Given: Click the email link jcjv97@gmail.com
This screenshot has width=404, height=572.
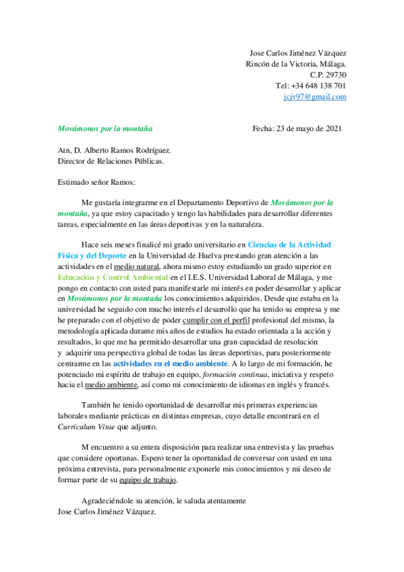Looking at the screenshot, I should click(x=315, y=96).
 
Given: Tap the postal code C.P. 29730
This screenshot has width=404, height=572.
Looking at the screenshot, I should click(x=328, y=75).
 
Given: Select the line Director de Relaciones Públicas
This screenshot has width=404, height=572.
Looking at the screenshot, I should click(x=111, y=161).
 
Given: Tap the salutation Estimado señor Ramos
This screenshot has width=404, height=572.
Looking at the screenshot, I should click(x=96, y=181).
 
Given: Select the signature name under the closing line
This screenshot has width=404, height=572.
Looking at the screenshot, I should click(x=107, y=512).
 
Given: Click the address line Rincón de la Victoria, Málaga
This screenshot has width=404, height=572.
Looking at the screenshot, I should click(x=295, y=64).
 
